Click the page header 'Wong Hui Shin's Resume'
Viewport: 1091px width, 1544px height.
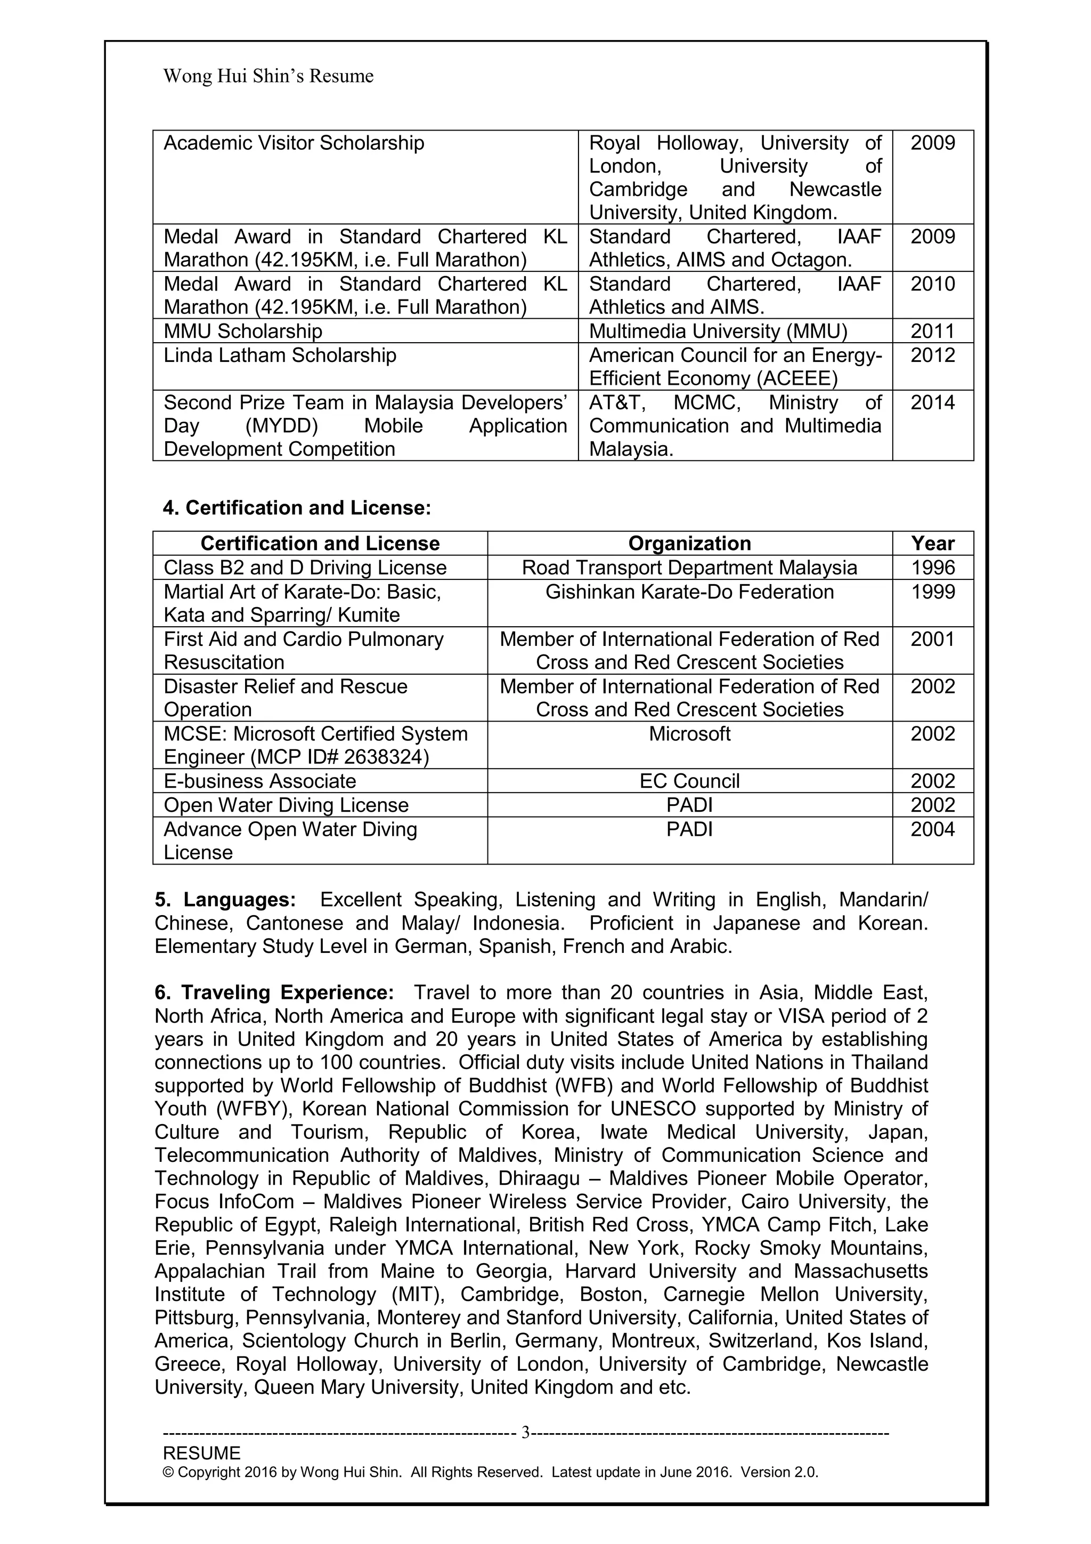pos(268,76)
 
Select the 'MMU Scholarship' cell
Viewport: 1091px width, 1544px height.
pos(243,331)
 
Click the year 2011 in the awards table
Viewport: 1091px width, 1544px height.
pos(932,331)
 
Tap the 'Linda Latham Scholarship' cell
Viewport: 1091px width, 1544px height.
pos(280,355)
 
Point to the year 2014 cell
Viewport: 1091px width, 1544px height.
pos(932,403)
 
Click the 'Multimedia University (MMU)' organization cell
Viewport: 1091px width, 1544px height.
pos(718,331)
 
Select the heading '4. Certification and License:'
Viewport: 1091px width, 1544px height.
pos(296,508)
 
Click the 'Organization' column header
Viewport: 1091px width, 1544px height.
pos(690,544)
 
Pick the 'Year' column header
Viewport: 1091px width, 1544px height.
pos(932,544)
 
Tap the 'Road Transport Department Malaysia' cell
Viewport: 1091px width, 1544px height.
pos(690,568)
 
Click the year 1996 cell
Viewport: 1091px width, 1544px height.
pos(932,568)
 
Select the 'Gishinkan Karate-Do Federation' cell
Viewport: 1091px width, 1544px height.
pos(690,592)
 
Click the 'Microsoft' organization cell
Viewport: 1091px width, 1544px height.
pos(690,734)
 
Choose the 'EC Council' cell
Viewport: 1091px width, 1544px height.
pos(690,781)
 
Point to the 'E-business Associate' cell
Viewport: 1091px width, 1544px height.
pos(259,781)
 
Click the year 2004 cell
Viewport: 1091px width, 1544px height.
pos(932,829)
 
